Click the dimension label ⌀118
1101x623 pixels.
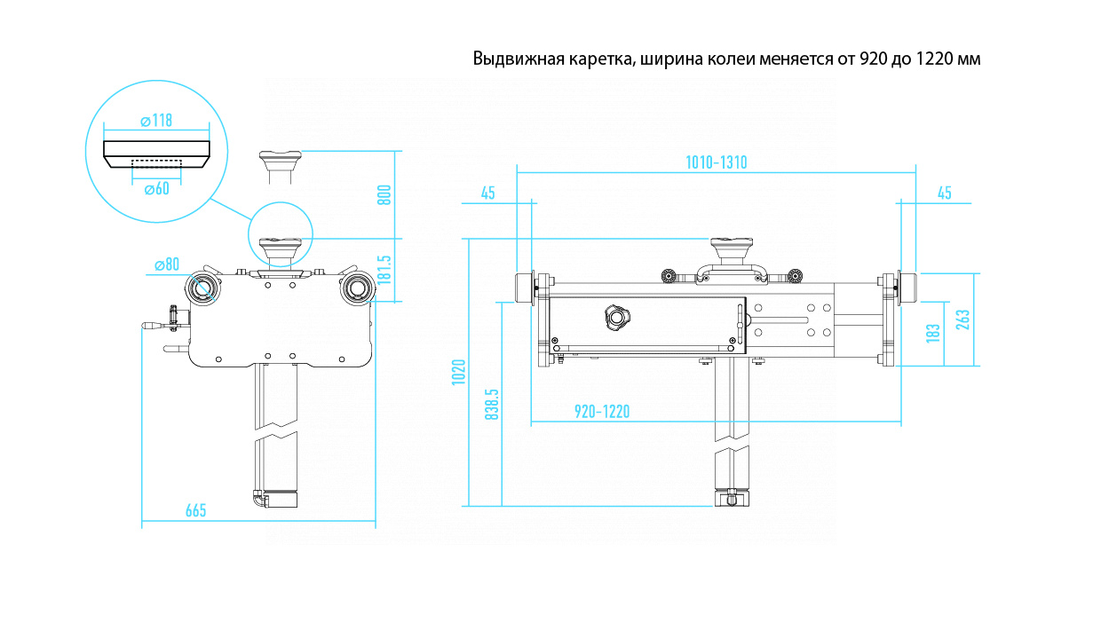(156, 121)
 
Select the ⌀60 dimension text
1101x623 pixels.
(155, 188)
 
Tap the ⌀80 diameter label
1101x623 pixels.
(166, 264)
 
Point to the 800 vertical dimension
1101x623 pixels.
(384, 194)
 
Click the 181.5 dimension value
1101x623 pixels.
(384, 270)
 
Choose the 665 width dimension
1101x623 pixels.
(195, 510)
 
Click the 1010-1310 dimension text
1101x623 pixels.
(716, 162)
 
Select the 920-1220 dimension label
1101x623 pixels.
(602, 411)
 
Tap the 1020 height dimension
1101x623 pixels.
(458, 373)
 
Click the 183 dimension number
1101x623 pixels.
(932, 333)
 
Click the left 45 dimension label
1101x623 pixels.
(487, 193)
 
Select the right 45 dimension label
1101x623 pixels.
(944, 193)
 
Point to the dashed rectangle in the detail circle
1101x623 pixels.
(156, 162)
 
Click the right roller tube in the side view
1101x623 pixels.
(357, 287)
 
